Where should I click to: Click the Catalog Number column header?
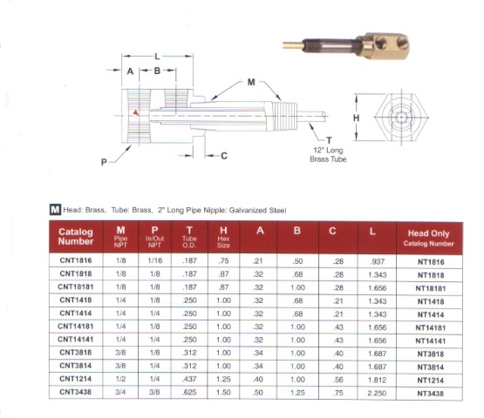pyautogui.click(x=76, y=237)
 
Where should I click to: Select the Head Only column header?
pyautogui.click(x=429, y=238)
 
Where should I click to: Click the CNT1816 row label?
pyautogui.click(x=76, y=260)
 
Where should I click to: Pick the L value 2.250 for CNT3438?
pyautogui.click(x=377, y=393)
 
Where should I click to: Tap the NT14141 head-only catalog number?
pyautogui.click(x=430, y=341)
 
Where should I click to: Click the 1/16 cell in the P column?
pyautogui.click(x=154, y=260)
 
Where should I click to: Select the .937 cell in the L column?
pyautogui.click(x=378, y=262)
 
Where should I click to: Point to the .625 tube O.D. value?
pyautogui.click(x=189, y=393)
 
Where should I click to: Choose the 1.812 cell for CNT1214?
pyautogui.click(x=377, y=380)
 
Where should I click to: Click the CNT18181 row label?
pyautogui.click(x=76, y=287)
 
